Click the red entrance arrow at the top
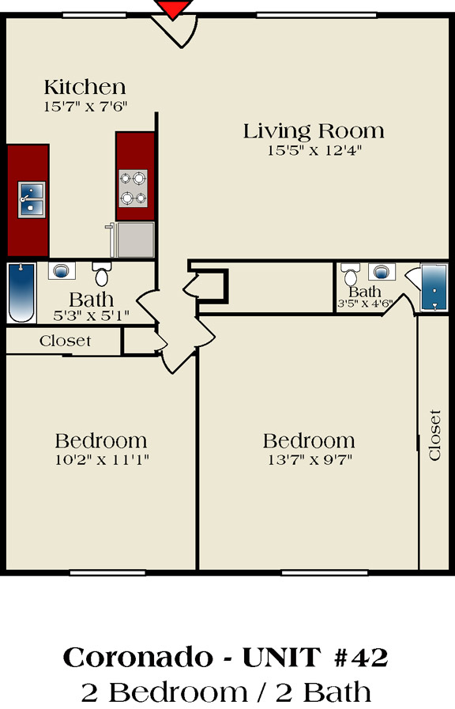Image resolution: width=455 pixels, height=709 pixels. (x=173, y=8)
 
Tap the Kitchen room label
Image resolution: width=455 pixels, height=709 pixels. (x=85, y=87)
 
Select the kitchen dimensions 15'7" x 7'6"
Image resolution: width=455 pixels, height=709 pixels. (x=85, y=107)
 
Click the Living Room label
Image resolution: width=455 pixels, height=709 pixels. (x=314, y=131)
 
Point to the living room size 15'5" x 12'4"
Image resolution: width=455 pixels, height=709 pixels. (x=314, y=150)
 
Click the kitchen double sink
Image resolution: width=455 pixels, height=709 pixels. (x=32, y=199)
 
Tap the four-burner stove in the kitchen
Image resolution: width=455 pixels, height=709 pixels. (x=133, y=188)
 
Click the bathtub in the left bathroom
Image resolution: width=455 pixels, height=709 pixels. (x=21, y=292)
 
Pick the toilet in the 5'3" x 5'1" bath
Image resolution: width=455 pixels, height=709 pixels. (x=102, y=273)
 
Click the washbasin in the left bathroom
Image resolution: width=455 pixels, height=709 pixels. (x=62, y=271)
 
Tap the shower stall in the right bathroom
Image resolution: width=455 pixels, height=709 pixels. (x=434, y=287)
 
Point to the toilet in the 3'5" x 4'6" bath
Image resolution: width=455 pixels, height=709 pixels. (x=350, y=274)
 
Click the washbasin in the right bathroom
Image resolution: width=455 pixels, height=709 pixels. (x=382, y=272)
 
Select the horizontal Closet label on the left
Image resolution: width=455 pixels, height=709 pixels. (x=65, y=341)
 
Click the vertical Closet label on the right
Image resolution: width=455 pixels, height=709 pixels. (x=434, y=435)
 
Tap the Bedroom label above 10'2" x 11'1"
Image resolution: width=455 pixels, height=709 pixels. (x=101, y=441)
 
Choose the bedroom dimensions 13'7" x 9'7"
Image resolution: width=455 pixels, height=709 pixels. (x=310, y=460)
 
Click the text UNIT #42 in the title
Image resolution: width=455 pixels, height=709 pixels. (x=315, y=658)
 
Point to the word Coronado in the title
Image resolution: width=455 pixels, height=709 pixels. (x=137, y=658)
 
